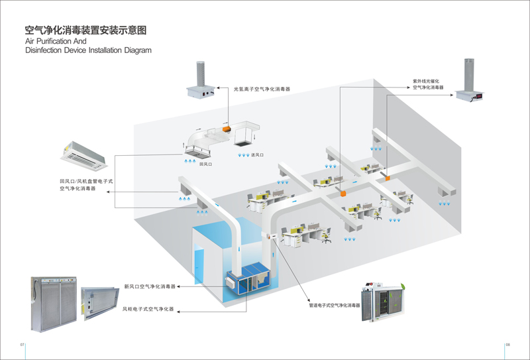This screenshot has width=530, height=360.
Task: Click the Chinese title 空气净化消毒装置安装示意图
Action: point(85,30)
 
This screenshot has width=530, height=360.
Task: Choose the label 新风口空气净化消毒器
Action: point(150,286)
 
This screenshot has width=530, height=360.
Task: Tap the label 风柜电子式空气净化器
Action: point(149,309)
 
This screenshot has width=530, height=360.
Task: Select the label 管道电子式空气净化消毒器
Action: point(334,306)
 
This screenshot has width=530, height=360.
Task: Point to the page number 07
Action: point(22,345)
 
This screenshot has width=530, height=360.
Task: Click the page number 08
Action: point(507,345)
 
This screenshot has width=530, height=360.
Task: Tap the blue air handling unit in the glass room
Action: point(251,279)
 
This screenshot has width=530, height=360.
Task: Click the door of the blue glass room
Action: point(199,266)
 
